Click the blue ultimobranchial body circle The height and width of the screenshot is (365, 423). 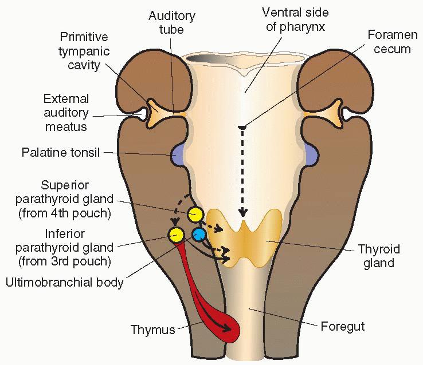click(199, 234)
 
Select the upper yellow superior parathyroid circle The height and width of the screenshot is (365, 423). click(195, 215)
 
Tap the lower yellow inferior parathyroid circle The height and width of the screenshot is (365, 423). click(175, 234)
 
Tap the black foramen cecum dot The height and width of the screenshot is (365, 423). click(242, 126)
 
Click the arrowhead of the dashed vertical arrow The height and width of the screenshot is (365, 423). click(243, 213)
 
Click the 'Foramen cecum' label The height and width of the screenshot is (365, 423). click(389, 42)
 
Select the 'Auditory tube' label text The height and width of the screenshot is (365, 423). click(172, 22)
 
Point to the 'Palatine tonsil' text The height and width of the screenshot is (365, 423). click(61, 153)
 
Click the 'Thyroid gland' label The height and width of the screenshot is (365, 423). click(379, 256)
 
